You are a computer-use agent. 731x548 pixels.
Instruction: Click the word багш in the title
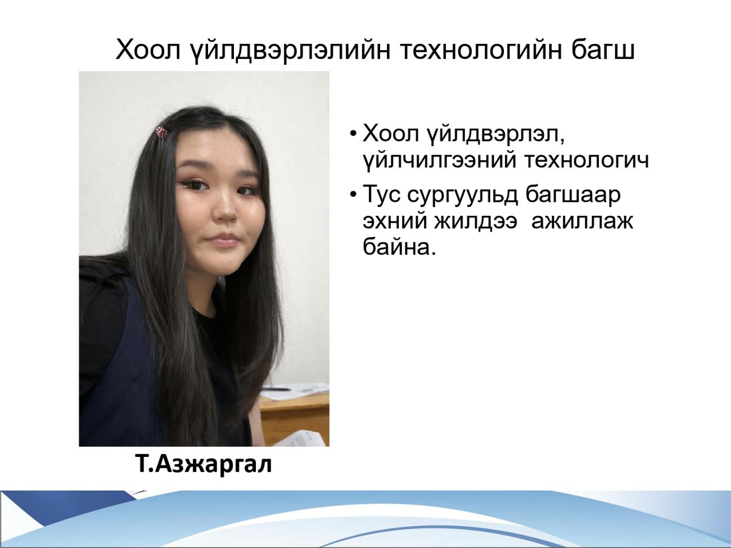tap(603, 51)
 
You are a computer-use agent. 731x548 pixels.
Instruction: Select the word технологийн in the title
tap(480, 51)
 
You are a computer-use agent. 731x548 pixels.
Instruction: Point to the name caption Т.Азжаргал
tap(204, 464)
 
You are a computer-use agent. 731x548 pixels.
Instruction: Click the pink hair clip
tap(162, 132)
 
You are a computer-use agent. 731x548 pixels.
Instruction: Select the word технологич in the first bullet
tap(587, 161)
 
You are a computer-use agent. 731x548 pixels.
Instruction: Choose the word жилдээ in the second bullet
tap(476, 222)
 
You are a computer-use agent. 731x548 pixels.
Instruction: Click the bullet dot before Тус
tap(353, 194)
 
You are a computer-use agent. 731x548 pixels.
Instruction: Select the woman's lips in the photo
tap(224, 240)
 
